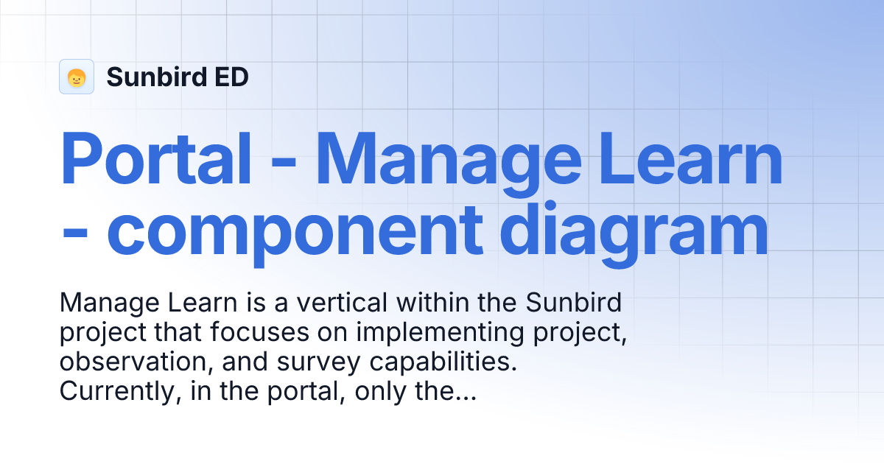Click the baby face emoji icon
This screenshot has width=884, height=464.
(77, 77)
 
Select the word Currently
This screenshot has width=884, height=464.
(118, 393)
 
